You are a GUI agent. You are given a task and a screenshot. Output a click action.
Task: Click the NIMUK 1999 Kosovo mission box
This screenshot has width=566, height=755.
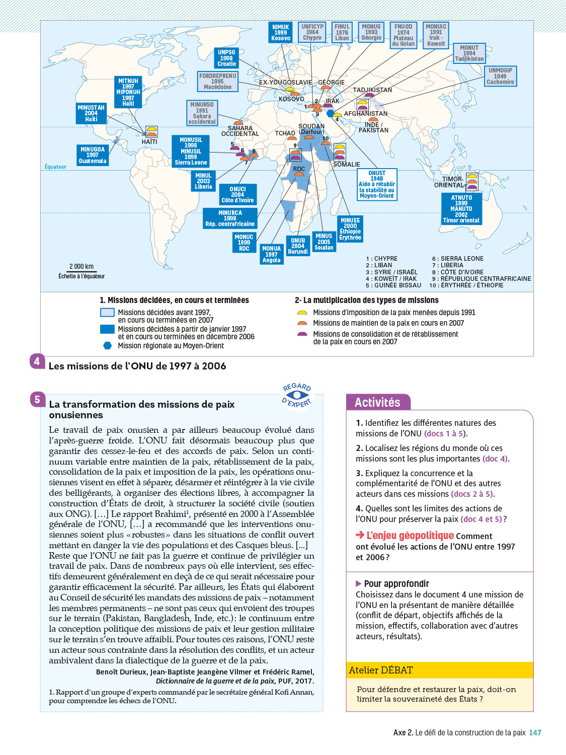[281, 32]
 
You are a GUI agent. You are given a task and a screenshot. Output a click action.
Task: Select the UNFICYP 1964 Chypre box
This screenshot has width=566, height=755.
[312, 32]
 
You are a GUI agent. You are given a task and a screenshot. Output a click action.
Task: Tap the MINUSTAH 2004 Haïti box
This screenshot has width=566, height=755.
[91, 113]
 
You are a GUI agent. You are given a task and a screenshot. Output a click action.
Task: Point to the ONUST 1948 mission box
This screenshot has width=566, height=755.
[377, 184]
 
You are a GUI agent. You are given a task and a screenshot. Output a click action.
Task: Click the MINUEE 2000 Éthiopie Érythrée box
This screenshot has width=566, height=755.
[350, 229]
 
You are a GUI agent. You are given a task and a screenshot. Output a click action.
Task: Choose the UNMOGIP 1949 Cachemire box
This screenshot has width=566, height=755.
[500, 76]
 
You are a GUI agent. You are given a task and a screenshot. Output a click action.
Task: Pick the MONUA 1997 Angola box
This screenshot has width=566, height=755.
[271, 254]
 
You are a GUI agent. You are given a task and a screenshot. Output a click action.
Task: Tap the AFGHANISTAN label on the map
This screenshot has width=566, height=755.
[366, 114]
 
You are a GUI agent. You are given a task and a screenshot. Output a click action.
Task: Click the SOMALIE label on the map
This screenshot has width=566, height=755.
[346, 165]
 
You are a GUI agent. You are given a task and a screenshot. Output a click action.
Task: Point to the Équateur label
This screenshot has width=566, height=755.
[55, 167]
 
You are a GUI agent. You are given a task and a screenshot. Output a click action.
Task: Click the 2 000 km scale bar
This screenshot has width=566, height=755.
[82, 272]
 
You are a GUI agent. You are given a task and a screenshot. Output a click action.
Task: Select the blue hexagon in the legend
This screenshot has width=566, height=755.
[107, 345]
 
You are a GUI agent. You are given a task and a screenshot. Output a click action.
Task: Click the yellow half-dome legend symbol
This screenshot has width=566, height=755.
[302, 313]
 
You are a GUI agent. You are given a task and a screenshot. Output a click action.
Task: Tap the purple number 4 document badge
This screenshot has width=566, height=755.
[37, 361]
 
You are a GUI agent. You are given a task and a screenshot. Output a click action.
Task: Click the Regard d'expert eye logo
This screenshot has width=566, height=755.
[297, 396]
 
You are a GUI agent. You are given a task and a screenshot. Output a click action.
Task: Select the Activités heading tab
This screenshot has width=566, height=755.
[378, 402]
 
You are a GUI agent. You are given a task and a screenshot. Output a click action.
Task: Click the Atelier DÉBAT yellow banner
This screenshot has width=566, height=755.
[440, 670]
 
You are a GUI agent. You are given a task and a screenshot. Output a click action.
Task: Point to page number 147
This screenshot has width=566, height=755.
[535, 733]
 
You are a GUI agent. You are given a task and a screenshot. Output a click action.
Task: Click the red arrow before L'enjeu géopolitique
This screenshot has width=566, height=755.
[360, 535]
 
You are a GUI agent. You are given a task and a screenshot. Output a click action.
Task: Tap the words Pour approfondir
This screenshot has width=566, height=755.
[396, 583]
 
